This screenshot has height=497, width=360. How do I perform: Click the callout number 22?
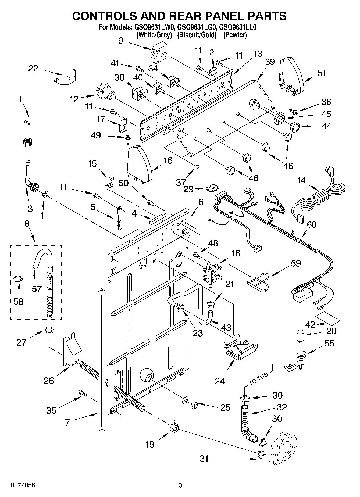click(33, 69)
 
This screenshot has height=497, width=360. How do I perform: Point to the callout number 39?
click(270, 62)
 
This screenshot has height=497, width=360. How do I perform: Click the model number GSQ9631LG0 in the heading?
click(197, 27)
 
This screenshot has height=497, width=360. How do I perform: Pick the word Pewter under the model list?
click(235, 35)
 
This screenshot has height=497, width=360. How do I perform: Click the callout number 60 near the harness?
click(312, 224)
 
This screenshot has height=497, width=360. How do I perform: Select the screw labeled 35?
click(82, 393)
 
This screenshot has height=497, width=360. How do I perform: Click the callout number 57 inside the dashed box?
click(37, 289)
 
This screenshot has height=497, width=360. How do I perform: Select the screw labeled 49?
click(127, 138)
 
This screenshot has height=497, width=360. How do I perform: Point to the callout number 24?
click(220, 381)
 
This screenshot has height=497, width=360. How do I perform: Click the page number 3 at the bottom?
click(180, 485)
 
